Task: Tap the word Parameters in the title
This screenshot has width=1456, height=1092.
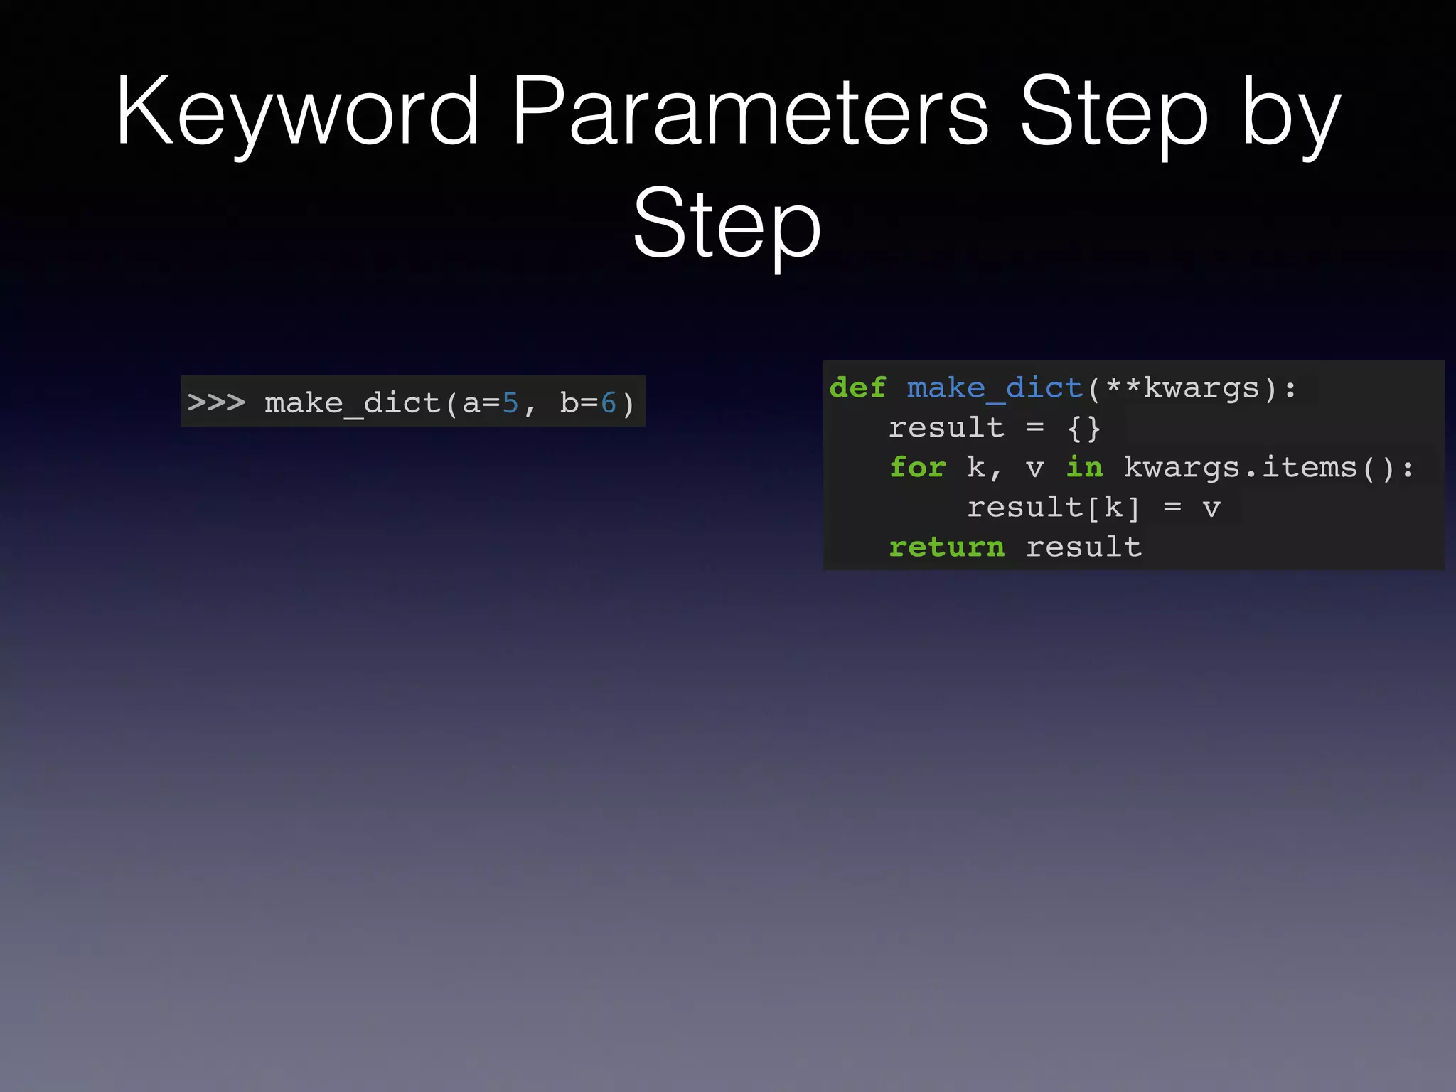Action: click(x=750, y=112)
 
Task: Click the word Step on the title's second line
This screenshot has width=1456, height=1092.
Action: click(x=727, y=224)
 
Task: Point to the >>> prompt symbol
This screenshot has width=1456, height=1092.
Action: click(x=216, y=402)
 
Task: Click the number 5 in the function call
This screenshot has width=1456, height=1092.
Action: click(x=510, y=403)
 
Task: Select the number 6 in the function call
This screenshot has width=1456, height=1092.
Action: click(x=608, y=403)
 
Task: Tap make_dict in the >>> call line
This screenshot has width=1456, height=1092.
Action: click(x=353, y=403)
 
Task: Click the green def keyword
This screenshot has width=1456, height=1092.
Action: click(x=857, y=388)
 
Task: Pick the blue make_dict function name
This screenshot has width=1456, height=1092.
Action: click(x=995, y=388)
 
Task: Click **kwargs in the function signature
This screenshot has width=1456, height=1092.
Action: click(x=1182, y=388)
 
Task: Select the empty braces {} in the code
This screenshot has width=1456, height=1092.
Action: click(x=1083, y=428)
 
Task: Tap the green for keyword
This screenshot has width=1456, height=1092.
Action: click(x=917, y=468)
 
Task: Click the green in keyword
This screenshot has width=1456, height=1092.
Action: click(x=1084, y=468)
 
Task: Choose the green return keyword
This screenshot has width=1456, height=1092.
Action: click(x=946, y=547)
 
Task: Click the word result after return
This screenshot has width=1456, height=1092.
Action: click(x=1083, y=547)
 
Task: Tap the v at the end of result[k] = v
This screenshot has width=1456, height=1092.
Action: click(x=1211, y=508)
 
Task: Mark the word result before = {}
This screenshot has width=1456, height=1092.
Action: click(x=946, y=428)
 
